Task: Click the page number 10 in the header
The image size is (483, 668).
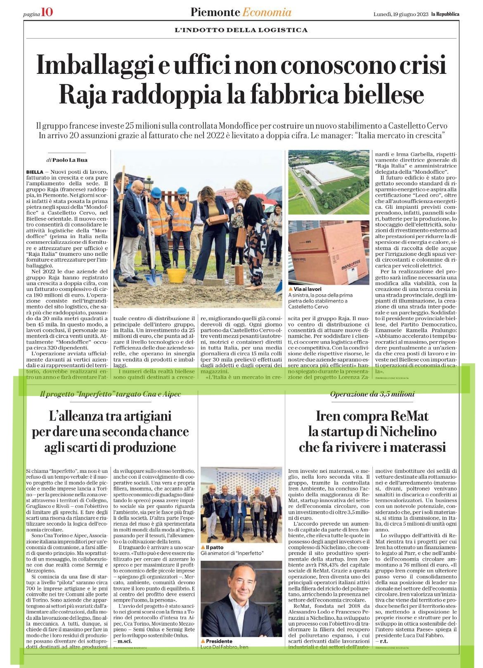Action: (47, 13)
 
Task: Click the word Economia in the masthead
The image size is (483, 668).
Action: (266, 13)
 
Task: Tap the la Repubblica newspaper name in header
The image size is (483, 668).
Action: (445, 14)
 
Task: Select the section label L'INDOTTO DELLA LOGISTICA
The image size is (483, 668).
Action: (241, 30)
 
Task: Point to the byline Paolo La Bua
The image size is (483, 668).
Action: (68, 160)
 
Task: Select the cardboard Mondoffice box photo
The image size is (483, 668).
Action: (328, 252)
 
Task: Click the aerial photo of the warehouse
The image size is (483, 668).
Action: (328, 182)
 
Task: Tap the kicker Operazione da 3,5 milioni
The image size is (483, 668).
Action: (372, 394)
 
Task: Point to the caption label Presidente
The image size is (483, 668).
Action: (219, 641)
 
